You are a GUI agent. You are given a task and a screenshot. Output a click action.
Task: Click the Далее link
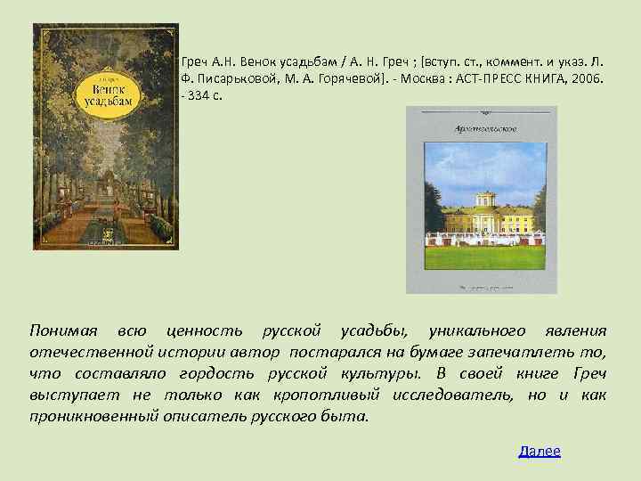click(540, 452)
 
